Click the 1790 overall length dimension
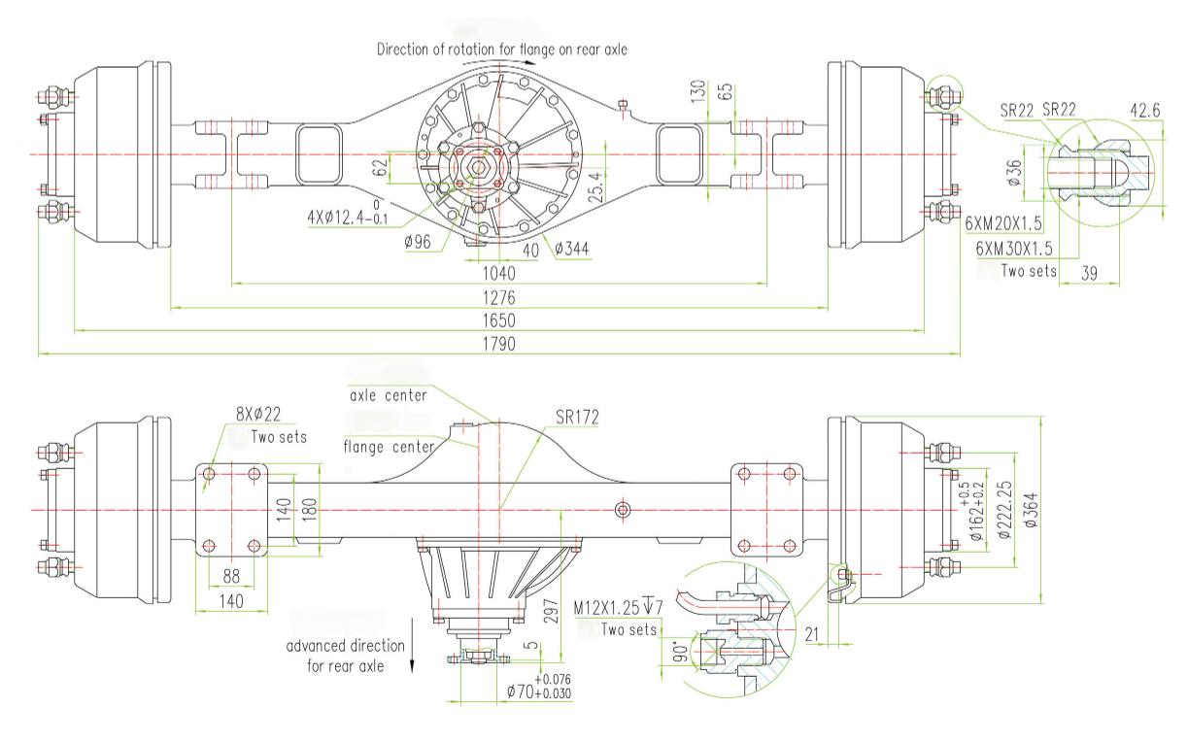point(498,344)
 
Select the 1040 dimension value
point(498,274)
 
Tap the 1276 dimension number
point(498,297)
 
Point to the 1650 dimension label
point(498,320)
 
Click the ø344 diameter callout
point(572,249)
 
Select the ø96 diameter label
point(418,242)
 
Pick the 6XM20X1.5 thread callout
point(1003,223)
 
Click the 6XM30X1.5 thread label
point(1014,249)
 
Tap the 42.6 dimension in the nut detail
point(1145,111)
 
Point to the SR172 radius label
point(578,418)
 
